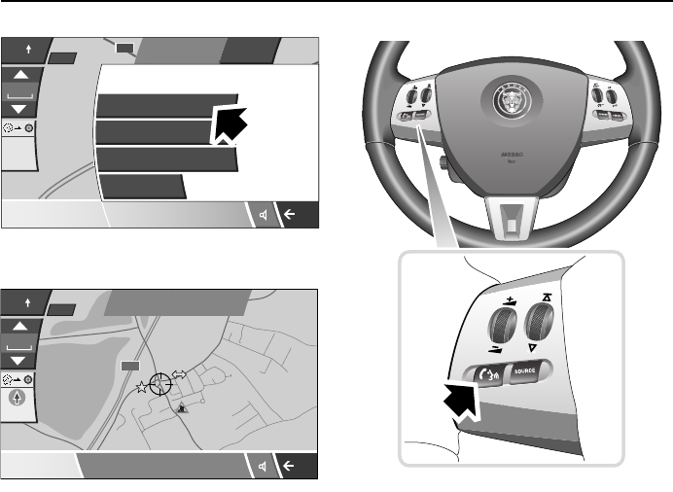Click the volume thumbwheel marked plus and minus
(x=502, y=320)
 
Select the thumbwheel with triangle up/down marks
(x=538, y=320)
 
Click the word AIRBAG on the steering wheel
(x=511, y=154)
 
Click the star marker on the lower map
(x=142, y=386)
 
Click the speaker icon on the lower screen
(x=264, y=467)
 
